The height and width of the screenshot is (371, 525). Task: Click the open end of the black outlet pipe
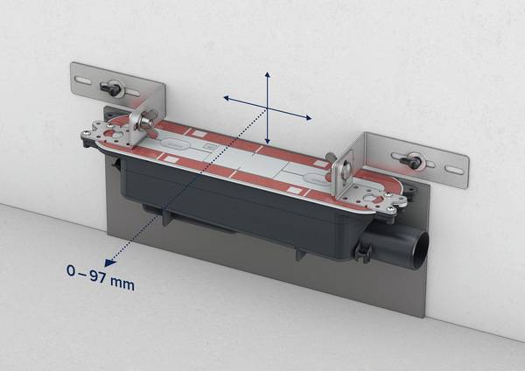click(421, 250)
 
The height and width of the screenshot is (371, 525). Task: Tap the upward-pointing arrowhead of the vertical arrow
click(267, 74)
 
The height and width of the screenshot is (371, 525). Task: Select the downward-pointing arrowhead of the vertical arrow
click(267, 141)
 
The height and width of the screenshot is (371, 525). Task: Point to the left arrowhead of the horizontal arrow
click(227, 98)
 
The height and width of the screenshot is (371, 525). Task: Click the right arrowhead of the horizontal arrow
click(308, 117)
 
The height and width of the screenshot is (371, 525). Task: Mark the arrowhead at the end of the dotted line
click(109, 262)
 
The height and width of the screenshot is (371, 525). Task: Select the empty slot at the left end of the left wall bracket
click(83, 80)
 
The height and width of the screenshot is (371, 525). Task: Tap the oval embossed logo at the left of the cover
click(174, 144)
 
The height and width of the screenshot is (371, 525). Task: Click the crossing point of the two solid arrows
click(267, 108)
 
